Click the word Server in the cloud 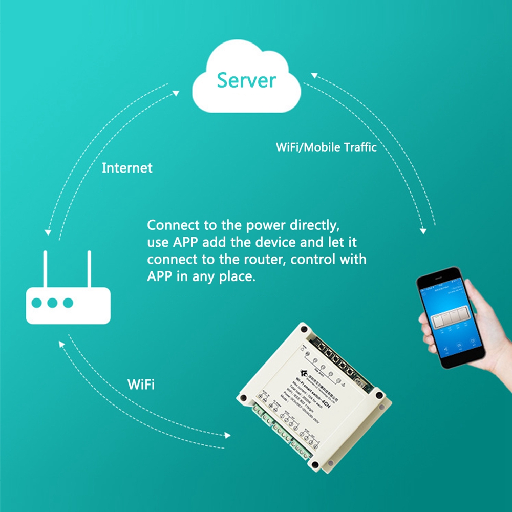(246, 80)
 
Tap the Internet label (127, 168)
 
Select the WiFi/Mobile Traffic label (326, 147)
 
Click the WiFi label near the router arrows (140, 385)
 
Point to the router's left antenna (45, 269)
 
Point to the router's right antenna (89, 269)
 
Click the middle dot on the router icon (52, 303)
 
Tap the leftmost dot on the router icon (36, 303)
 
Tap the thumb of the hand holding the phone (426, 328)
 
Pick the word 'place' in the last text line (236, 276)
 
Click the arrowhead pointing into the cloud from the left (176, 93)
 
